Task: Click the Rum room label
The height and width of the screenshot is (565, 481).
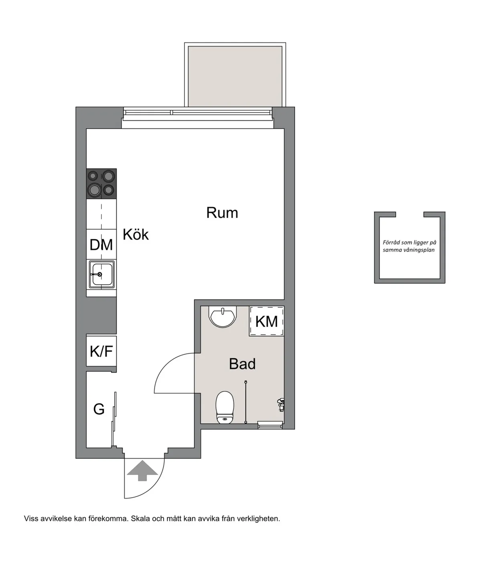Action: pos(222,213)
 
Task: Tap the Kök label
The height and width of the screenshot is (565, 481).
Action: pos(135,234)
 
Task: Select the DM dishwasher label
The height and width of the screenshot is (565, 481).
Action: pos(101,245)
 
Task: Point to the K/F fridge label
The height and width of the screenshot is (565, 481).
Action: pos(101,351)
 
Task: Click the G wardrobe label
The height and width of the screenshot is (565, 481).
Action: pos(99,409)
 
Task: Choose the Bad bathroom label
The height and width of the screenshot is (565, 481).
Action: pos(242,364)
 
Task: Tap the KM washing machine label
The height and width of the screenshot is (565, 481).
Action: pos(267,321)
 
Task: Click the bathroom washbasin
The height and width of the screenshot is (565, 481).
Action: pos(222,316)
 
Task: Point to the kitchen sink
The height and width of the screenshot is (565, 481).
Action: pos(101,274)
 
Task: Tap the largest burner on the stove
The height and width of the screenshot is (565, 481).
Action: pos(95,190)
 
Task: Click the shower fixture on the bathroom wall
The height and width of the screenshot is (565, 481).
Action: pos(281,405)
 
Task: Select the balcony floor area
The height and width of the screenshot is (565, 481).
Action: pos(235,76)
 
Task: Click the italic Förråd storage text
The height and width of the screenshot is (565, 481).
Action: pos(409,246)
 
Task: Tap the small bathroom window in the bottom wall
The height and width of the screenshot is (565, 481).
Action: pos(270,425)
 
